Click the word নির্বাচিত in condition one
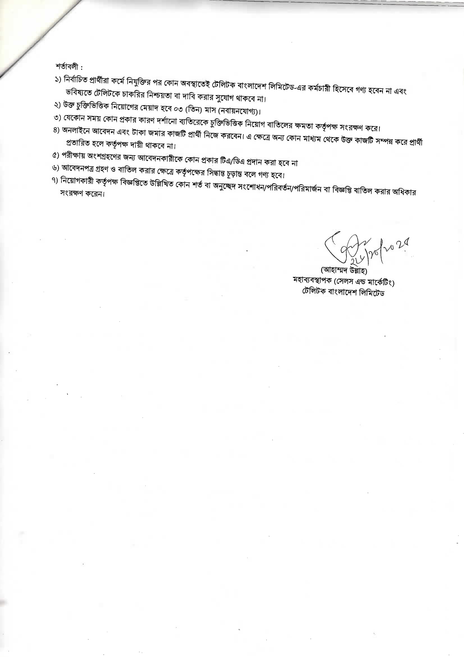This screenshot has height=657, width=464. [77, 80]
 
